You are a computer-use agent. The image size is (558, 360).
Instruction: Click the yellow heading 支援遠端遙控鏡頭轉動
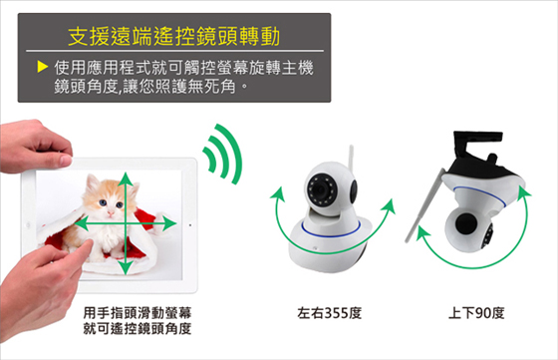click(x=173, y=36)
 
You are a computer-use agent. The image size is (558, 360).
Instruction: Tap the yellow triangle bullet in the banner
click(x=42, y=67)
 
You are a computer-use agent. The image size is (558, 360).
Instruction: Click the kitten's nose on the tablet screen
click(x=111, y=213)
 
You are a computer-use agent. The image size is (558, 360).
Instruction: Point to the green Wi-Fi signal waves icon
click(x=222, y=154)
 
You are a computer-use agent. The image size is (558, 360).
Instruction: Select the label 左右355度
click(x=329, y=313)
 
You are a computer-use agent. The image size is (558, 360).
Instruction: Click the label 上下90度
click(x=476, y=313)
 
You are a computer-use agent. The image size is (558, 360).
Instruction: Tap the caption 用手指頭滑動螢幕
click(x=138, y=313)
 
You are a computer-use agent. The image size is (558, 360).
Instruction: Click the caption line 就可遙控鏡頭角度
click(x=138, y=329)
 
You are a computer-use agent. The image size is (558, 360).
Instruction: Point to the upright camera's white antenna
click(x=351, y=160)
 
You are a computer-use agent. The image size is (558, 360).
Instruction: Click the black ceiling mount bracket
click(x=477, y=145)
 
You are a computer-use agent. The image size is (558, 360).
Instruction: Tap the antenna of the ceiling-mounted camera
click(x=424, y=205)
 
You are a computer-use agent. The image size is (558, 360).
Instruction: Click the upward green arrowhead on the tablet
click(x=125, y=180)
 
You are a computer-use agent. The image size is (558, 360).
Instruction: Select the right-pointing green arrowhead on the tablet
click(x=169, y=223)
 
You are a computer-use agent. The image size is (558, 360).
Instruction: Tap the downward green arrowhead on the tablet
click(x=125, y=267)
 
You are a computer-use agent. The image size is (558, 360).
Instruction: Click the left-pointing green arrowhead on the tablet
click(x=81, y=224)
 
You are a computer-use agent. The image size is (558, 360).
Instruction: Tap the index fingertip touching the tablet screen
click(x=88, y=245)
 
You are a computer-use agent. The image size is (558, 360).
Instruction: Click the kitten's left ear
click(x=92, y=182)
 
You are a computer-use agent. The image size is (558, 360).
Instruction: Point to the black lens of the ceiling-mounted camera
click(x=467, y=223)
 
